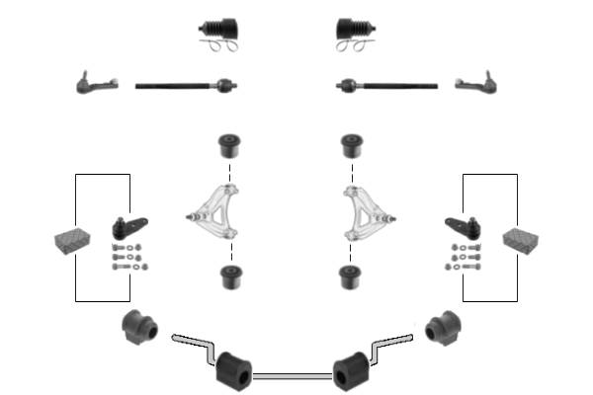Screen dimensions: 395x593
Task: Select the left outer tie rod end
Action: coord(97,82)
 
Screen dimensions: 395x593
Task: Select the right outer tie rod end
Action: coord(475,84)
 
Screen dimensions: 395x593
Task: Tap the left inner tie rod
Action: coord(184,86)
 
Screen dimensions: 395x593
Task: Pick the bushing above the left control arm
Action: coord(230,145)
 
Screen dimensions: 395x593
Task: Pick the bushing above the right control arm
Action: coord(349,145)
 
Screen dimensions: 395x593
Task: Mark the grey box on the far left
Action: coord(71,239)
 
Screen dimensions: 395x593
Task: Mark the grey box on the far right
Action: coord(521,239)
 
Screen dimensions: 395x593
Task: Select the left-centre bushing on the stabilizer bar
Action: coord(234,369)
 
